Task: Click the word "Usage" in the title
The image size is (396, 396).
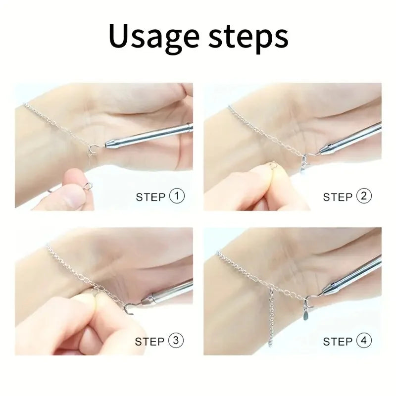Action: (x=154, y=36)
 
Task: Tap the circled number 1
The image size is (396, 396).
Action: (x=177, y=196)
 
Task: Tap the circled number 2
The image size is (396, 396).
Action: (x=364, y=196)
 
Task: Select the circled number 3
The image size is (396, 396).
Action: (x=176, y=341)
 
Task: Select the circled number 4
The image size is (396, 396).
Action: (x=364, y=341)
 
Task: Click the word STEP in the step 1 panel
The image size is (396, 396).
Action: (x=150, y=197)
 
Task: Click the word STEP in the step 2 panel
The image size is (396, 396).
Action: (x=338, y=197)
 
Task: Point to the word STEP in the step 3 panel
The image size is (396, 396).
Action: (x=149, y=342)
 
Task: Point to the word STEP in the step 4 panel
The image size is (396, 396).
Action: (x=338, y=342)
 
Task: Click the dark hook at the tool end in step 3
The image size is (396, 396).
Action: (x=128, y=309)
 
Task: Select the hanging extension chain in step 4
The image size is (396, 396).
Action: (x=271, y=318)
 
